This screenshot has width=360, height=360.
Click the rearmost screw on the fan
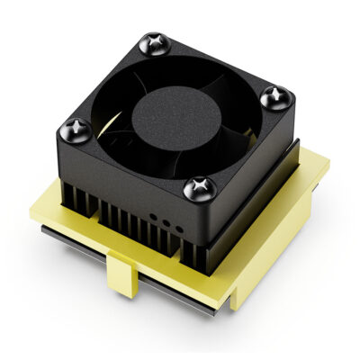[x=152, y=42]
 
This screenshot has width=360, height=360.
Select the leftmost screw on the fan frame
[x=77, y=127]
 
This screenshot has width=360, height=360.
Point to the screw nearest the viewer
[x=196, y=188]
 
